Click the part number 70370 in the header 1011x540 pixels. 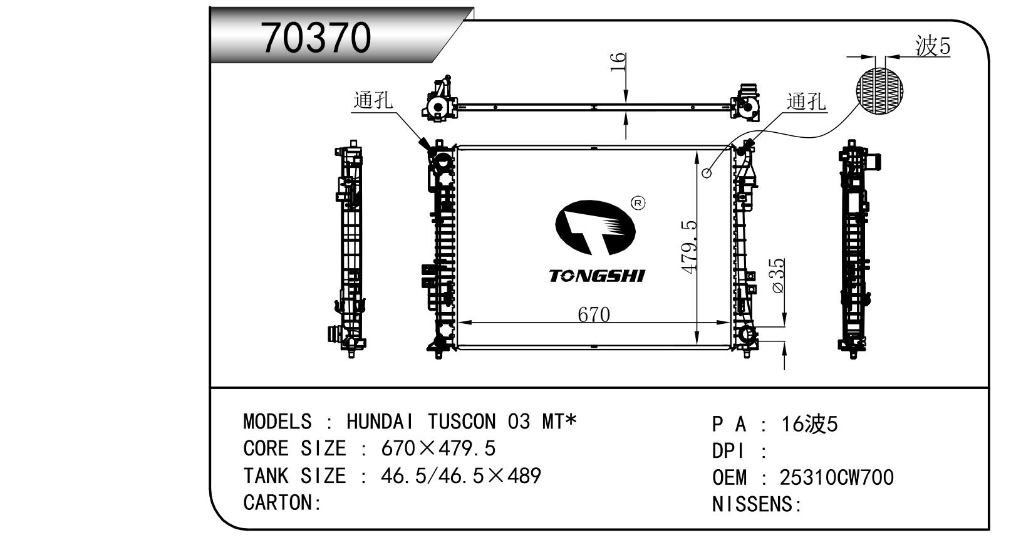316,38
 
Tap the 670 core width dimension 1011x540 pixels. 594,314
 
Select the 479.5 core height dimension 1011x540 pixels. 689,247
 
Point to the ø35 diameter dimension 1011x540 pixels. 779,276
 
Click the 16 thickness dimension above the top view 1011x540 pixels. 618,62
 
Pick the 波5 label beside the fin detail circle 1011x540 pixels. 933,46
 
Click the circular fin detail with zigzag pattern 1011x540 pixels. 879,91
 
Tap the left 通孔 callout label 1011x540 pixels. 373,100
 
